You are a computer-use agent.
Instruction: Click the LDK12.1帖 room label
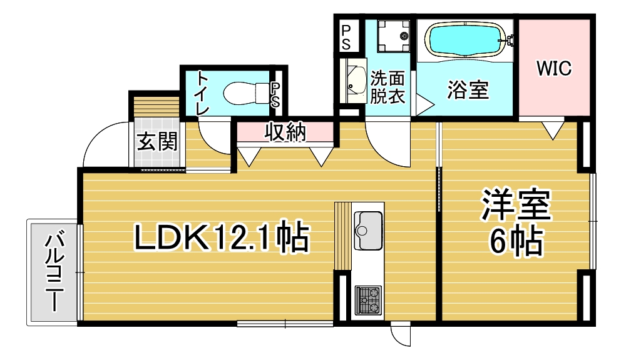(222, 237)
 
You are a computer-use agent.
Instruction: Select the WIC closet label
(554, 68)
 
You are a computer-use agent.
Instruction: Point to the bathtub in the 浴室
(466, 39)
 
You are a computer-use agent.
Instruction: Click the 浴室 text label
(468, 89)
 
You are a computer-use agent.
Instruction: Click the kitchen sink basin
(368, 230)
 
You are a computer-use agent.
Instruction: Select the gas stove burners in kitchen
(368, 300)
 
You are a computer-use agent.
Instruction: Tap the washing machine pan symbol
(393, 36)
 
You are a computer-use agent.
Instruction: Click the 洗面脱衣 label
(387, 87)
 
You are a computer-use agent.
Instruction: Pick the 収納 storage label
(285, 132)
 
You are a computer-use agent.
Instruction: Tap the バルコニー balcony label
(53, 273)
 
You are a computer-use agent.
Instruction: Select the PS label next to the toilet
(275, 95)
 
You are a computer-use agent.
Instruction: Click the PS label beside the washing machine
(346, 37)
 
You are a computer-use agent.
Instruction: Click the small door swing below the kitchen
(401, 334)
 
